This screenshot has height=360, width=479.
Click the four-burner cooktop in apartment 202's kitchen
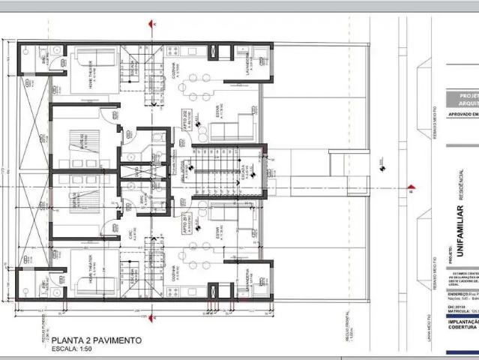tap(171, 52)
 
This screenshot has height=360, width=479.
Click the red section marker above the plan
tap(152, 24)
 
